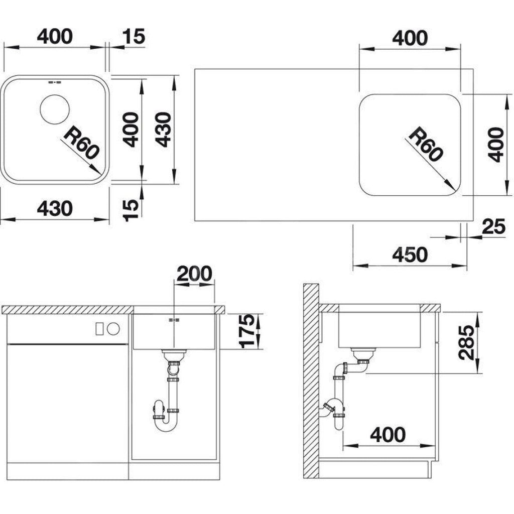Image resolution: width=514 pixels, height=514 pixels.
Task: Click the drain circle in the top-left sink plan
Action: [55, 109]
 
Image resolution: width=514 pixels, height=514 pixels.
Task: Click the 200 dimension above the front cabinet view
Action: [194, 274]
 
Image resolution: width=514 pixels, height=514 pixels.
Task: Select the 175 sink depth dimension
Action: [246, 331]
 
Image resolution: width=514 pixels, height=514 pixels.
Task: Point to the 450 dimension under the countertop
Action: [410, 254]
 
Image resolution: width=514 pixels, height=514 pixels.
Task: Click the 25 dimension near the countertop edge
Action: [494, 226]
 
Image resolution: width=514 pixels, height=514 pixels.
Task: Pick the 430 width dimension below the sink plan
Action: [55, 208]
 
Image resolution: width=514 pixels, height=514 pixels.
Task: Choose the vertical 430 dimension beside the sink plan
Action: [163, 130]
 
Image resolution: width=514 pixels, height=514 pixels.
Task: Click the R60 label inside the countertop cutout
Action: [425, 144]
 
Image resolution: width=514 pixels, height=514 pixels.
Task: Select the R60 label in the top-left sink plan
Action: [81, 143]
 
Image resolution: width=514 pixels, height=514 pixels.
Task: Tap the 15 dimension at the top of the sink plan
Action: [134, 36]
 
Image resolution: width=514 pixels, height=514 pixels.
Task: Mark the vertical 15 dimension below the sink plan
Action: [131, 209]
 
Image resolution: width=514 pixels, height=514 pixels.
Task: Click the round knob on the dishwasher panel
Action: [114, 328]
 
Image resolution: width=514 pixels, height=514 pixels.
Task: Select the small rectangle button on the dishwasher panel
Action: [100, 328]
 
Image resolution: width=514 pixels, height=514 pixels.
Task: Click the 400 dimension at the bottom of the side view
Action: [388, 435]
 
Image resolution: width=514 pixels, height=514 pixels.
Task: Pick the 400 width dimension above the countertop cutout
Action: [410, 38]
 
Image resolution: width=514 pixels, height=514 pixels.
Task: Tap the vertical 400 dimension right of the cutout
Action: [495, 145]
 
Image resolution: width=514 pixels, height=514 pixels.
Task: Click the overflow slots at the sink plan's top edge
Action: [54, 82]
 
